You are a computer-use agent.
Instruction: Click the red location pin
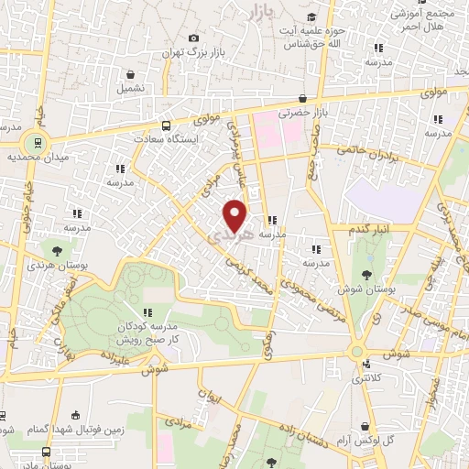pos(235,214)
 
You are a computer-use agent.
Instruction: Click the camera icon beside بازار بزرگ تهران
pos(192,38)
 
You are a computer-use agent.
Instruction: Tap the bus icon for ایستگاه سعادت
pos(166,125)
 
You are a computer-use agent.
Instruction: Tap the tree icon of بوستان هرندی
pos(58,249)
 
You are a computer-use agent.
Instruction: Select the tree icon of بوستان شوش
pos(367,274)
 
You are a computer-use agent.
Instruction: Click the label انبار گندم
pos(371,227)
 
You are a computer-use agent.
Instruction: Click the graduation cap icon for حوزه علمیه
pos(312,16)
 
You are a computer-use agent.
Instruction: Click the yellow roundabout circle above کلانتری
pos(356,351)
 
